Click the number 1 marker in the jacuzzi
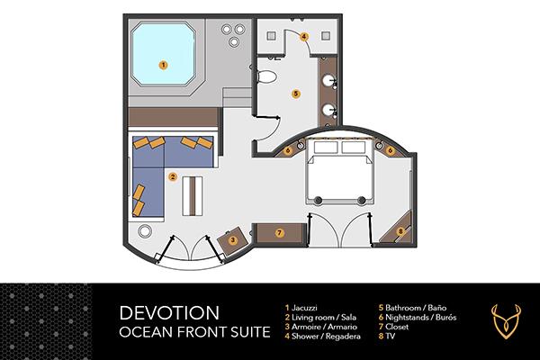pos(163,65)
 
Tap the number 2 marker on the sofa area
pos(172,176)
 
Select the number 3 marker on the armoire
pos(232,240)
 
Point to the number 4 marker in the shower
pos(305,36)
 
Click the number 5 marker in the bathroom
pos(295,93)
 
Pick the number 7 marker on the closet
pos(280,233)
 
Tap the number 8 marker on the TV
pos(400,231)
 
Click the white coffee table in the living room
pos(191,192)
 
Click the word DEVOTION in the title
pos(168,313)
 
